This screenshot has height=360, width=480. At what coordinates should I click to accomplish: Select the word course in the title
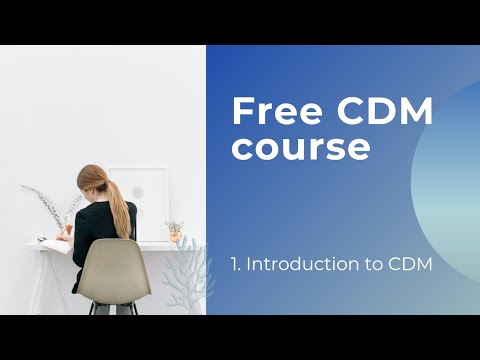(301, 146)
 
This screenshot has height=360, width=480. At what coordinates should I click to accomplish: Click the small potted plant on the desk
(175, 231)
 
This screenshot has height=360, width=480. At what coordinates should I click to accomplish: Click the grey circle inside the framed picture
(137, 193)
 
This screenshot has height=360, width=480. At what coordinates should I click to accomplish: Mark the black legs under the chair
(100, 307)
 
